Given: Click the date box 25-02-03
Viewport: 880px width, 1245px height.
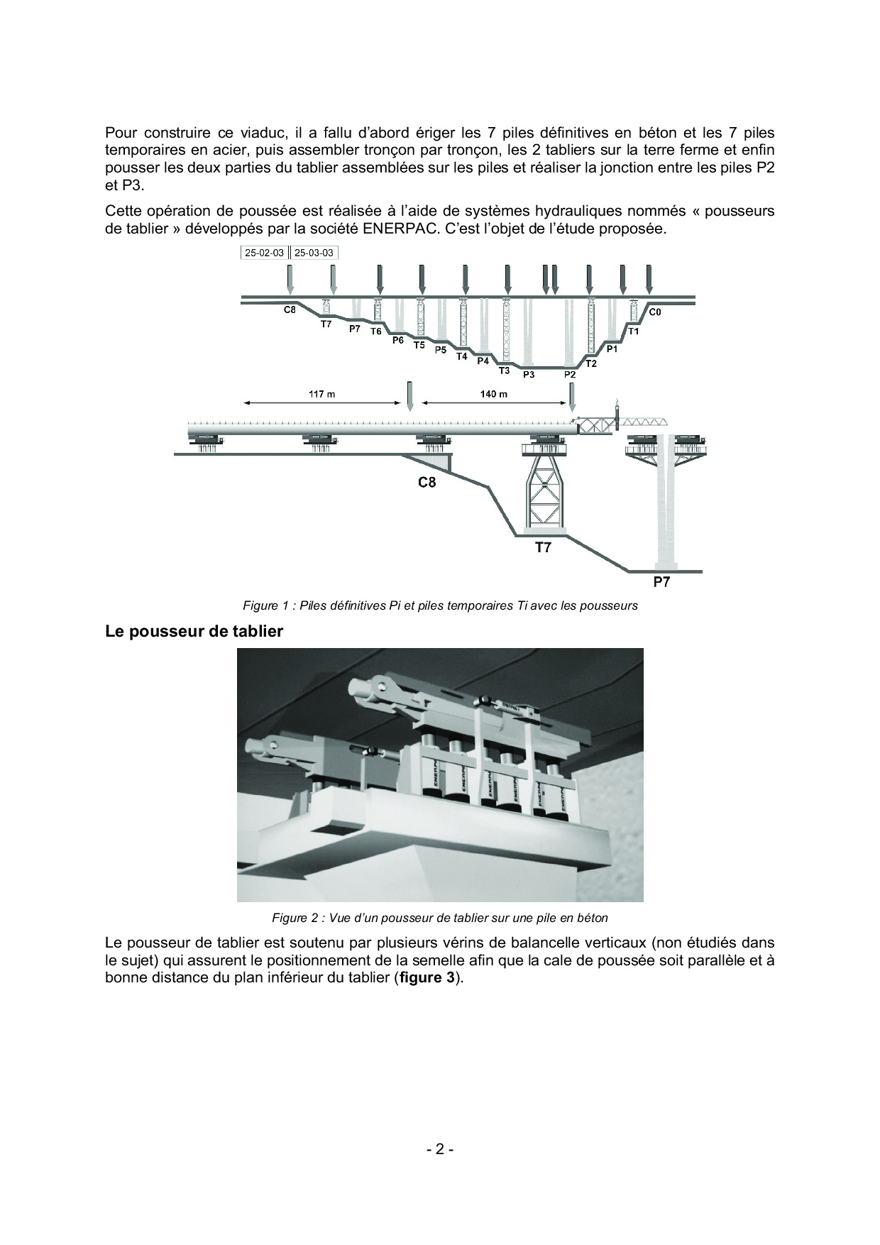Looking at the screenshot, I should [x=264, y=253].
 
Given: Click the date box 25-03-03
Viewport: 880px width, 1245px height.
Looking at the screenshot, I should [x=314, y=253].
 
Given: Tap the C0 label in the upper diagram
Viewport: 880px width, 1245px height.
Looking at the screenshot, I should [x=655, y=312].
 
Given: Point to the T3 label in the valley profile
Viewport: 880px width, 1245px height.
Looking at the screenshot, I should [x=505, y=371].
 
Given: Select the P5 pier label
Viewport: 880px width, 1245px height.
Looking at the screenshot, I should [x=441, y=350].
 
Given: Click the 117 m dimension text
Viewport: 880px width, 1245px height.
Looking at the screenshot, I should [x=321, y=394].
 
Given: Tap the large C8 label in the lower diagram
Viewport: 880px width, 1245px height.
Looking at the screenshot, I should [x=427, y=483].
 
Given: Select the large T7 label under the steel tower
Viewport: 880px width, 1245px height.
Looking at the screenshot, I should [x=543, y=548].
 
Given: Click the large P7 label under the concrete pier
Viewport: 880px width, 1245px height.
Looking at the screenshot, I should [x=661, y=583].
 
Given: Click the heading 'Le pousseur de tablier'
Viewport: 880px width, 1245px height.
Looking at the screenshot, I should [x=194, y=631].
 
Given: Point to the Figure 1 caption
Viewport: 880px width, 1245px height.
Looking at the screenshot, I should [x=440, y=605].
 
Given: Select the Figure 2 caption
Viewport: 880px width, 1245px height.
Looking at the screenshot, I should [x=440, y=918].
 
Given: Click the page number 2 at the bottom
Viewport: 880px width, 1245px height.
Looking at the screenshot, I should [x=440, y=1149].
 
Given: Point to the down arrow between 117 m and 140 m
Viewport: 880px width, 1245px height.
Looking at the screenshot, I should [x=409, y=395].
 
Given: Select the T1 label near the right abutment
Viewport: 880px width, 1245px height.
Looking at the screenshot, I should [x=634, y=331].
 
